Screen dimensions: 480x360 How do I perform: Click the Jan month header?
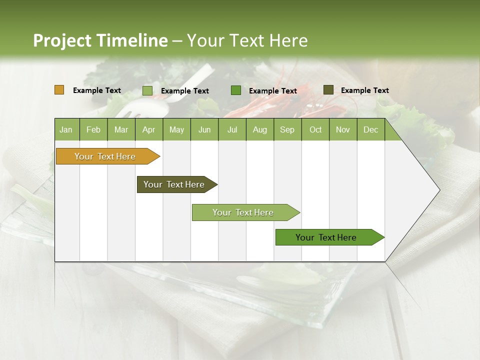66,130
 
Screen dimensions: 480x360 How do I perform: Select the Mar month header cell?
121,130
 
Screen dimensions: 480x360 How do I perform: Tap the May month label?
176,130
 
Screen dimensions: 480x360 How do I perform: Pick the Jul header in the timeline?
232,130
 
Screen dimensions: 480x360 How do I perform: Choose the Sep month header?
287,130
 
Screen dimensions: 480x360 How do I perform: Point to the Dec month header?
370,130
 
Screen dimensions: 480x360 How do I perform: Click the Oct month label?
315,130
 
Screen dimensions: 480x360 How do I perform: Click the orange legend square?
59,90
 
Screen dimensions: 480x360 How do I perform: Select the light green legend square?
147,90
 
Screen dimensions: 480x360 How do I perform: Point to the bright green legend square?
236,90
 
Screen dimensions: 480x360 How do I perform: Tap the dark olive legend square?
328,90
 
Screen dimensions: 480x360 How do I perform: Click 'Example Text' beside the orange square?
97,90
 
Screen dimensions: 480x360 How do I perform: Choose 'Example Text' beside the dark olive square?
364,90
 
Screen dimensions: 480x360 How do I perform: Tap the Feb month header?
93,130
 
